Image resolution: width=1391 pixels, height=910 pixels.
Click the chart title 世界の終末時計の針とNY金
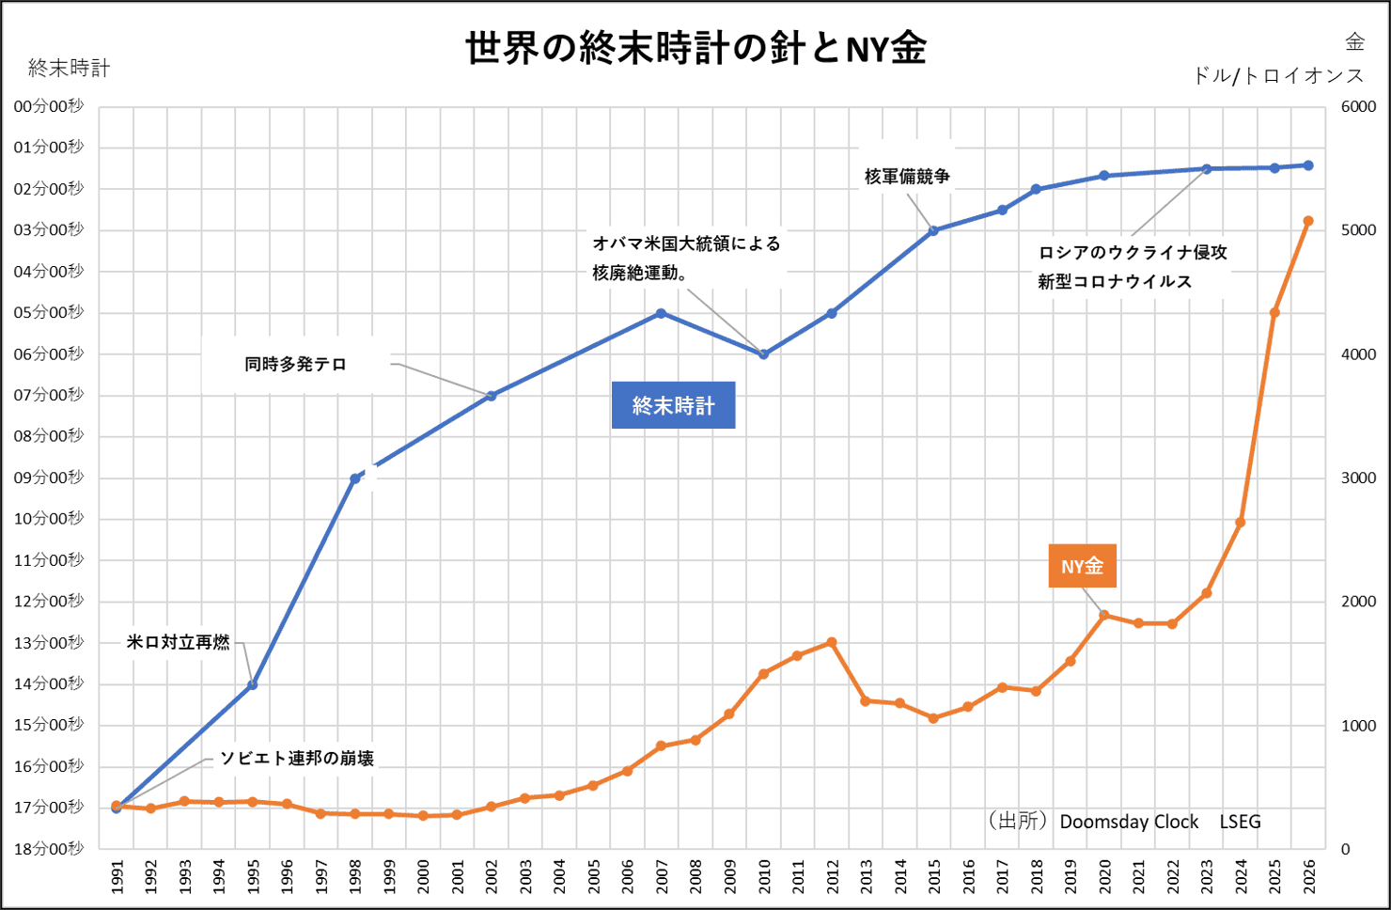695,47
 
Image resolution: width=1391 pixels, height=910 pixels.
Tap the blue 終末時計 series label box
673,405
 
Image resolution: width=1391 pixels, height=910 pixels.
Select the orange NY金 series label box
1082,566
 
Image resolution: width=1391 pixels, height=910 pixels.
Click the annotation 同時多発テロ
296,364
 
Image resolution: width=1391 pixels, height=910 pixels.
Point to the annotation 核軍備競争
907,176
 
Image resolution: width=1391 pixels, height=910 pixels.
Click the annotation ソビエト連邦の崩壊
297,758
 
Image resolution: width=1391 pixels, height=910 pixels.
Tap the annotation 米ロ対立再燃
179,642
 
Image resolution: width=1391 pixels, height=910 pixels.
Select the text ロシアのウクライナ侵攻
1133,252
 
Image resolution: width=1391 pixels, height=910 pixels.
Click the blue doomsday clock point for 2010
763,354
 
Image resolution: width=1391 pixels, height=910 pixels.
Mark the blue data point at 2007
662,313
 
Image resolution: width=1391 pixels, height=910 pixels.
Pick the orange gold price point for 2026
1308,221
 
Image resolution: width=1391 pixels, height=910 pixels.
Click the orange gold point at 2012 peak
832,642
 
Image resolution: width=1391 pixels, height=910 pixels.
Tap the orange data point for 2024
1241,522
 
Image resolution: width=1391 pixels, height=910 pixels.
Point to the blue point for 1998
355,479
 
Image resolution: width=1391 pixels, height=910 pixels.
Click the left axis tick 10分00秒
49,518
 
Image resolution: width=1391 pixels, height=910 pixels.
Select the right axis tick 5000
1358,229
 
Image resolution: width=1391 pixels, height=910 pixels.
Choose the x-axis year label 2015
934,876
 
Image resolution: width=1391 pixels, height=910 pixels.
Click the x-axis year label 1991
117,876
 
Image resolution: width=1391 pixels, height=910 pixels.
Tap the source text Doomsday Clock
1129,822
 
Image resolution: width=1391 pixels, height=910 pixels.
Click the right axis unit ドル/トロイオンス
1278,75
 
